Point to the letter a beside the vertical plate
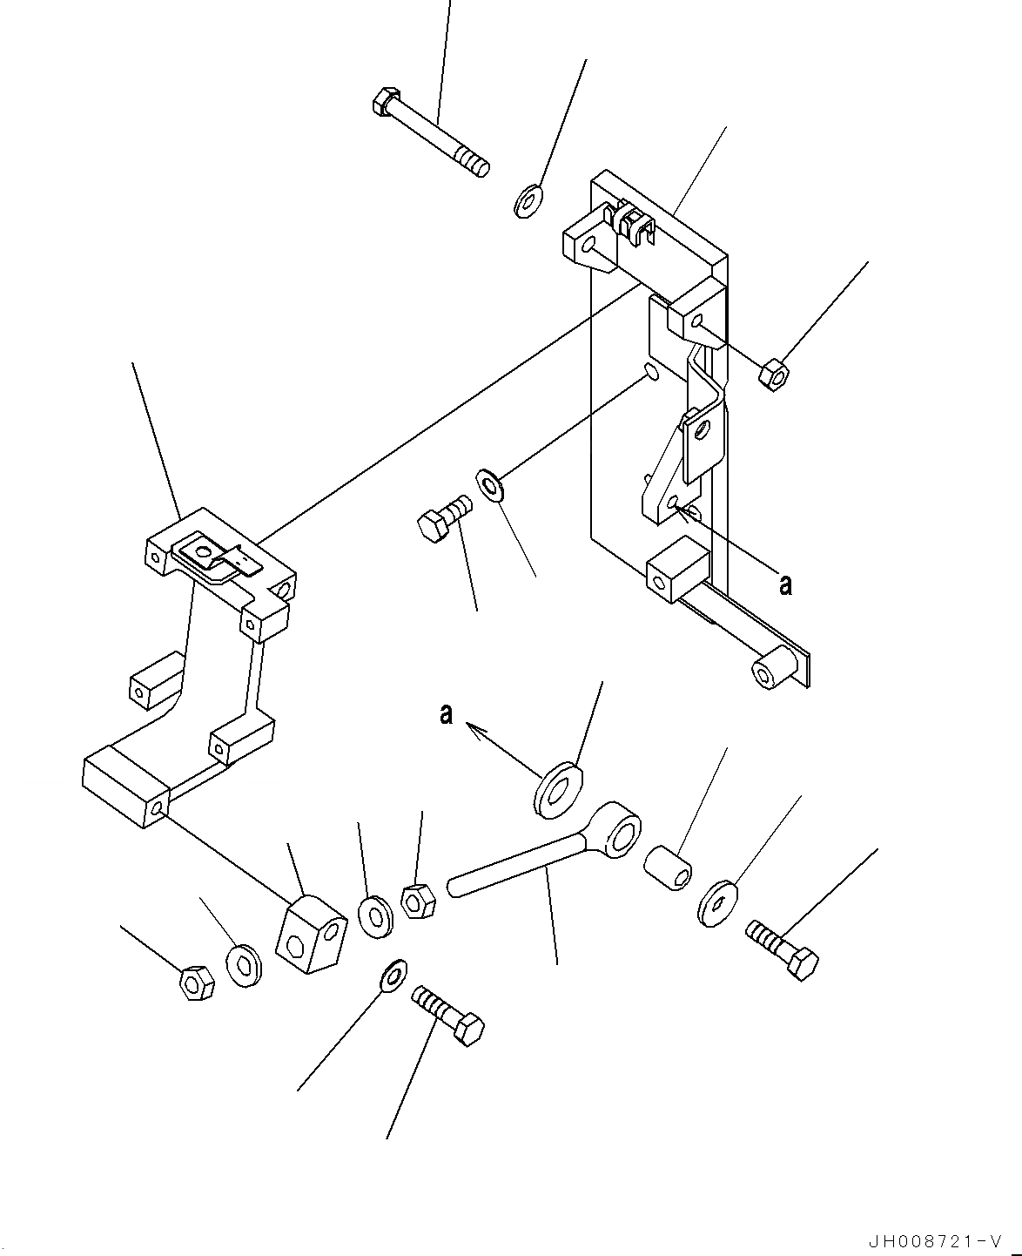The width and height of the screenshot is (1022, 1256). [x=786, y=585]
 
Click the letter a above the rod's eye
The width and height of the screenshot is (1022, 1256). [x=447, y=715]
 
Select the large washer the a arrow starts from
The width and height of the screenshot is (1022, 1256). [x=558, y=789]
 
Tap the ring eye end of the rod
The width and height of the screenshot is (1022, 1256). [x=619, y=833]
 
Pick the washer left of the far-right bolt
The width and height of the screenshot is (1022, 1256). [x=717, y=902]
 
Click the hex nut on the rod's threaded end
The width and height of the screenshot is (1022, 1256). [x=418, y=900]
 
